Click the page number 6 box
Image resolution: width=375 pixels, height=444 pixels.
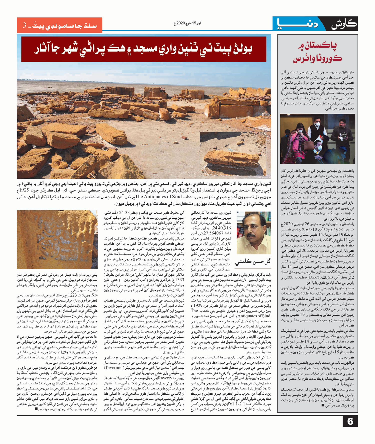click(x=350, y=421)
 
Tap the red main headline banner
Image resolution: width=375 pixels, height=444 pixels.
click(x=143, y=49)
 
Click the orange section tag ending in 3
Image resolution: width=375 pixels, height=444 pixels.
click(x=59, y=25)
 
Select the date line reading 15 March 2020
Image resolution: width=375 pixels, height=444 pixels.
click(x=187, y=23)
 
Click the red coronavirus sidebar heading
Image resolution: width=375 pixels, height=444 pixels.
click(x=317, y=53)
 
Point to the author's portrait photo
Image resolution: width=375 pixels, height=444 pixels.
click(x=253, y=233)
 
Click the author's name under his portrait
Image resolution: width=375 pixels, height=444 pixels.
click(x=253, y=262)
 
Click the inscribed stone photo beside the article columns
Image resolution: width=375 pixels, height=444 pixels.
click(x=57, y=239)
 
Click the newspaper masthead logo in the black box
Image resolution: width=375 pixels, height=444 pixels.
click(x=344, y=24)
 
